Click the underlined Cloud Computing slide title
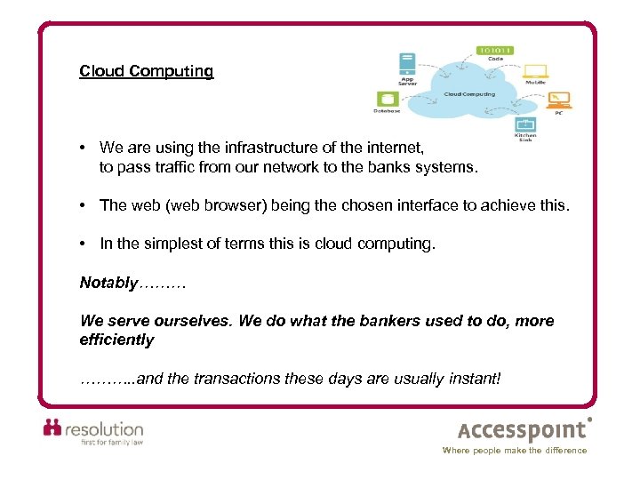(x=146, y=71)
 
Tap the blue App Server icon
(x=407, y=65)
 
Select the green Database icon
(x=388, y=99)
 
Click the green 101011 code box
(x=495, y=51)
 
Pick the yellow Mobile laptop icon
(x=535, y=71)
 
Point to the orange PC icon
(x=559, y=98)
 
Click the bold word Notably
(x=108, y=283)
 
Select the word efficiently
(x=116, y=340)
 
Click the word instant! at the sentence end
(x=474, y=379)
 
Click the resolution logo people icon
(x=53, y=428)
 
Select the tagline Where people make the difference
(x=515, y=451)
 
